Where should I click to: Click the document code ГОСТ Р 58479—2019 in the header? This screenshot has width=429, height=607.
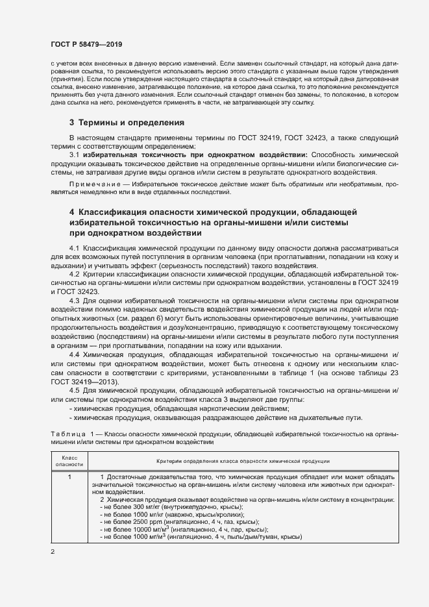point(86,44)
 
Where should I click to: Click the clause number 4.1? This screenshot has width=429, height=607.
point(74,249)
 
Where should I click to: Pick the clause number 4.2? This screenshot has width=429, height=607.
point(74,275)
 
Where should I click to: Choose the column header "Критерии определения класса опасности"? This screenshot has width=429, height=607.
point(243,461)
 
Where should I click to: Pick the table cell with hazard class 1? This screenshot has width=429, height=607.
point(69,478)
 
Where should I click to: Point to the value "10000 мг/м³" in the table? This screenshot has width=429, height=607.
point(148,529)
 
